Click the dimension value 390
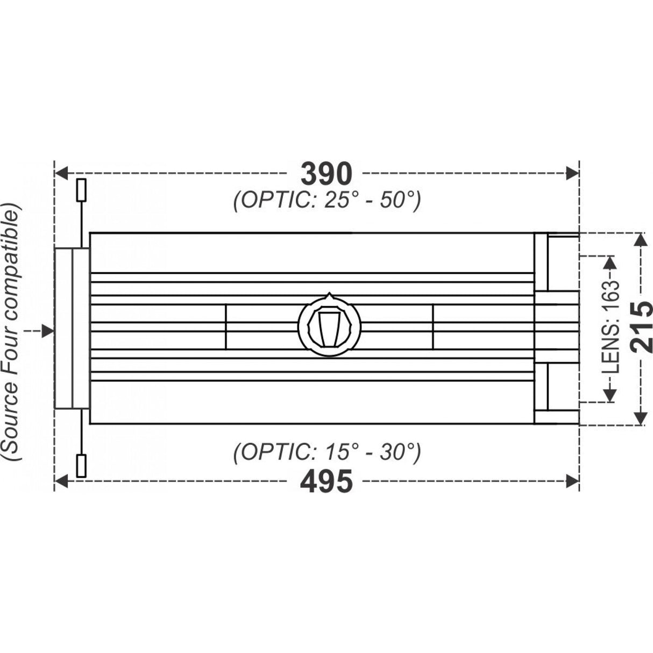point(326,173)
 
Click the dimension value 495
point(326,481)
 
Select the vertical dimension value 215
point(641,328)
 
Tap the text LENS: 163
point(610,328)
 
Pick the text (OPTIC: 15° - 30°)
point(326,452)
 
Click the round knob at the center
point(329,325)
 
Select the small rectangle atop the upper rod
point(82,190)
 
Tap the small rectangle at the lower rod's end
point(82,466)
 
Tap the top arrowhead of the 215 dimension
point(641,239)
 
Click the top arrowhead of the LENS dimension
point(610,262)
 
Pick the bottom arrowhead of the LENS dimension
point(610,395)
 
